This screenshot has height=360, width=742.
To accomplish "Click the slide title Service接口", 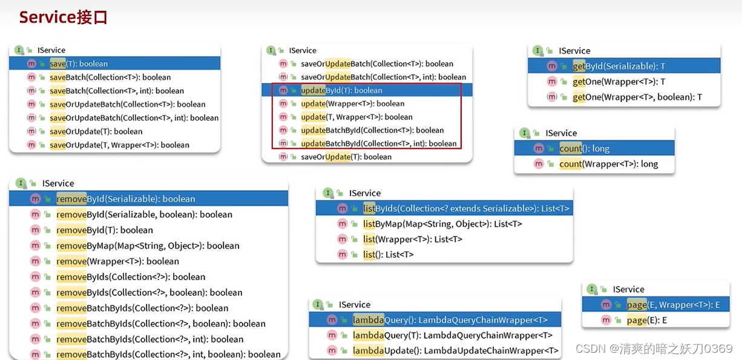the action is [64, 17].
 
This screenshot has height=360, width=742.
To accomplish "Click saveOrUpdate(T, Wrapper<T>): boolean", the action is [120, 145].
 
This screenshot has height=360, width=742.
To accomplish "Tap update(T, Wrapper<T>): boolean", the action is [356, 117].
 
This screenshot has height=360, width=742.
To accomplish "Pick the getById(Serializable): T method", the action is [619, 66].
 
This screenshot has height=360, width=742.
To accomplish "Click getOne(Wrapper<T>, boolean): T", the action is [637, 97].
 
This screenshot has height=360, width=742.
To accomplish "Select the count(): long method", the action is [584, 148].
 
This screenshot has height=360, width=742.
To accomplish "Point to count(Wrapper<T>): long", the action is [608, 164].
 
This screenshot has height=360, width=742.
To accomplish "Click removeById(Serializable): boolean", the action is [126, 198].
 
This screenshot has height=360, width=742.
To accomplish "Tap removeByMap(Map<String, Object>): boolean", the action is [148, 246].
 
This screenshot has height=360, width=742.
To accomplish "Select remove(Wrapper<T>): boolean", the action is [117, 261].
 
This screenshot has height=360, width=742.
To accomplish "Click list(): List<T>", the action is [388, 255].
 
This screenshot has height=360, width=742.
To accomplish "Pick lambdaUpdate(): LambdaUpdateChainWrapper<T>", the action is [456, 350].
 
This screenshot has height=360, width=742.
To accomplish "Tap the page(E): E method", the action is [646, 320].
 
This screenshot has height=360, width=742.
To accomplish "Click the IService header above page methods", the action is [628, 289].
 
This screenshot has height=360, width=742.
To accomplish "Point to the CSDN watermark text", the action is [654, 349].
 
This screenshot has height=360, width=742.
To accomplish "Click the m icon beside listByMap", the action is [342, 224].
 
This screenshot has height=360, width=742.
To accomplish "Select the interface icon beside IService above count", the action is [524, 133].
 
